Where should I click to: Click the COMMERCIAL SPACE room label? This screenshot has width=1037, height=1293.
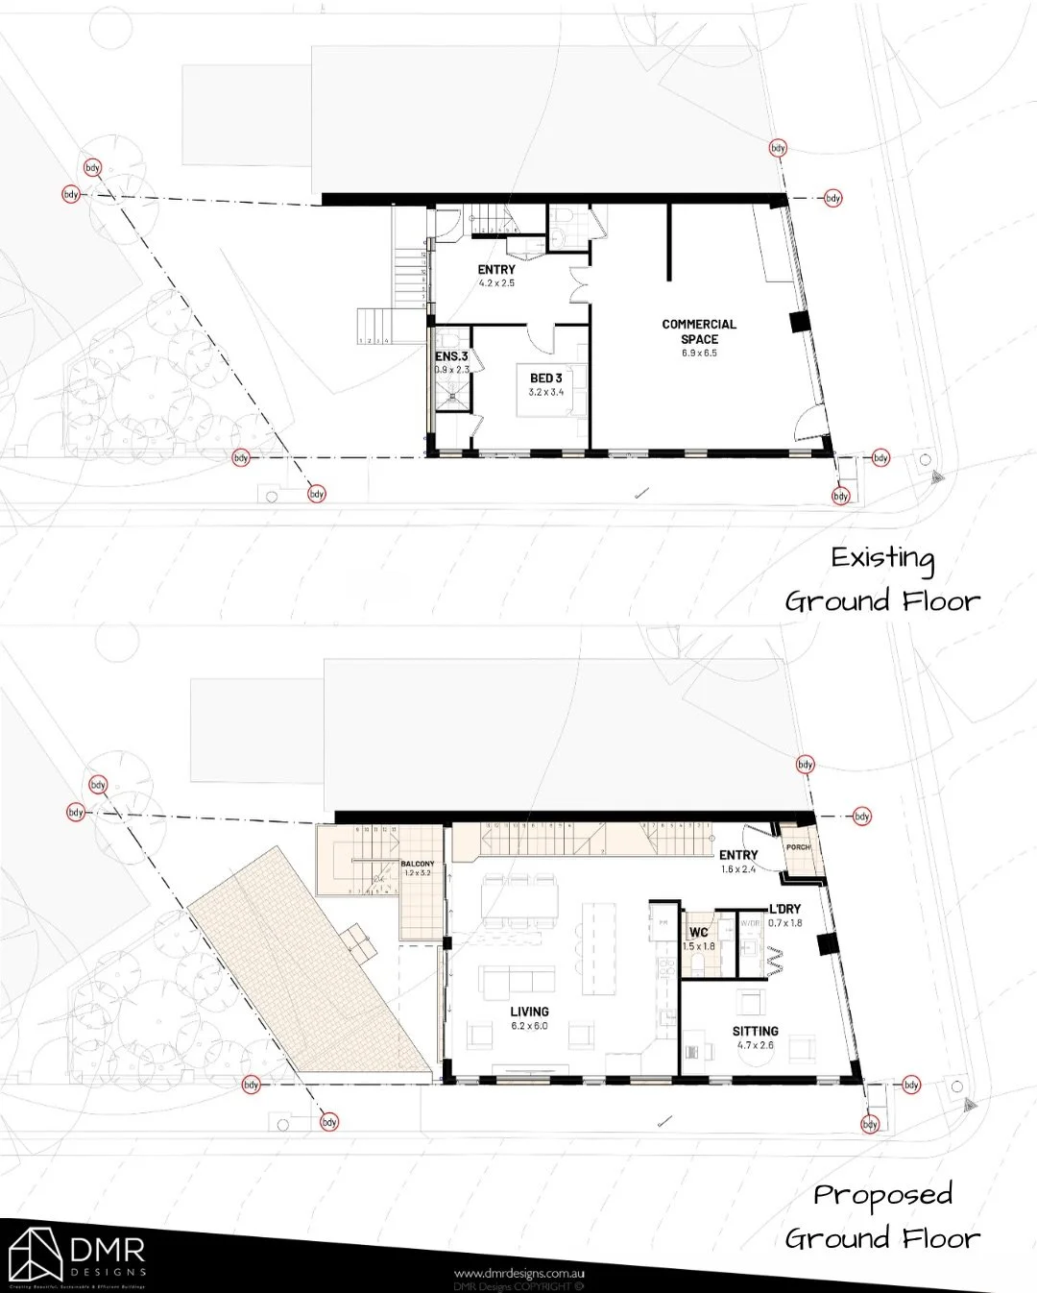[x=699, y=331]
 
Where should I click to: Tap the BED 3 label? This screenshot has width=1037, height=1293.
[x=545, y=378]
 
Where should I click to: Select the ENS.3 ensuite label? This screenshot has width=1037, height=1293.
[x=451, y=356]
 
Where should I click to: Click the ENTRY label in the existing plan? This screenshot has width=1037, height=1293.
[x=496, y=270]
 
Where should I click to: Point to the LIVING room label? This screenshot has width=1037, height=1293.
[x=529, y=1012]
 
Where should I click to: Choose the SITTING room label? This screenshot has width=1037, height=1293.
[x=755, y=1031]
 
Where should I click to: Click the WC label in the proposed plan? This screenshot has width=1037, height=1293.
[x=698, y=933]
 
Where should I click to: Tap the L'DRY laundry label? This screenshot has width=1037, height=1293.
[x=784, y=909]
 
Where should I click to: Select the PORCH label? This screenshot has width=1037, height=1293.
[x=798, y=847]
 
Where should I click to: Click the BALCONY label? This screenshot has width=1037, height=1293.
[x=418, y=865]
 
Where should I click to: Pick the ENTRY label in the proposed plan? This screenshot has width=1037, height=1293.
[x=738, y=855]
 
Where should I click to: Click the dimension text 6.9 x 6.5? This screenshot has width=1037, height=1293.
[x=699, y=354]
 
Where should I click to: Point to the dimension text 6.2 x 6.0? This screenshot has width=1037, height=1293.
[x=529, y=1026]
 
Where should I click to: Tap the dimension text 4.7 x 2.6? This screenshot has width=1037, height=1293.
[x=755, y=1045]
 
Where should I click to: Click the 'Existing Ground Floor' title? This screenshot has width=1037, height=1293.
[x=882, y=580]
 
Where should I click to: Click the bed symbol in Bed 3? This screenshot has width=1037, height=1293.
[x=545, y=404]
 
